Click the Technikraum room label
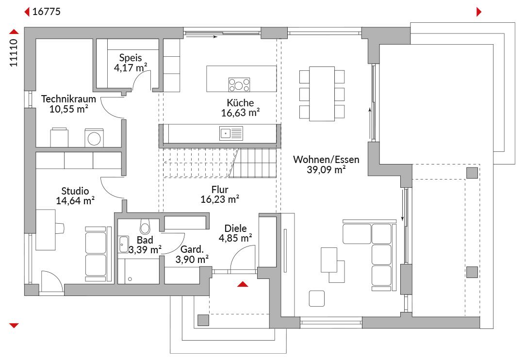click(x=68, y=99)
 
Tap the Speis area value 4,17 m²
click(x=131, y=67)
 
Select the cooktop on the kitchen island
click(x=239, y=84)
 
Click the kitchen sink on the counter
click(x=231, y=133)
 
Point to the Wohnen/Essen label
click(x=326, y=160)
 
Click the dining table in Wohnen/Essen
click(x=322, y=94)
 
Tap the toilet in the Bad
click(x=145, y=226)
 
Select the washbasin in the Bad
click(x=124, y=245)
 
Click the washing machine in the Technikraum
click(x=94, y=138)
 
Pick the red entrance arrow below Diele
click(x=243, y=284)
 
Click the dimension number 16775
click(x=47, y=12)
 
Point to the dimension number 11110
click(x=14, y=53)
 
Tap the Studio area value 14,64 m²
click(x=75, y=201)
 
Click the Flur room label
click(x=220, y=190)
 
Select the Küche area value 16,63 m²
click(x=240, y=113)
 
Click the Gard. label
click(x=192, y=249)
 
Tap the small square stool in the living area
click(x=317, y=298)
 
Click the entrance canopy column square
click(x=203, y=320)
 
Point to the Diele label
click(x=236, y=229)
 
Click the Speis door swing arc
click(x=138, y=78)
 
